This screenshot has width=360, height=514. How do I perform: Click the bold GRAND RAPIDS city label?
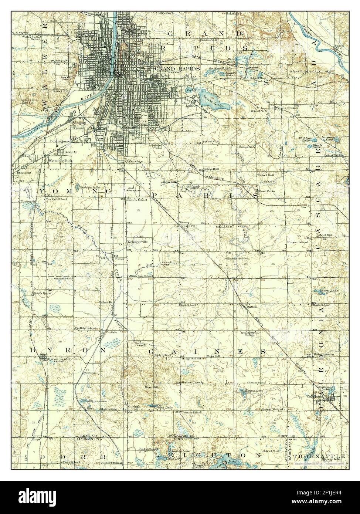pos(177,69)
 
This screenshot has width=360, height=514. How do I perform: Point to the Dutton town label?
pos(251,306)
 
